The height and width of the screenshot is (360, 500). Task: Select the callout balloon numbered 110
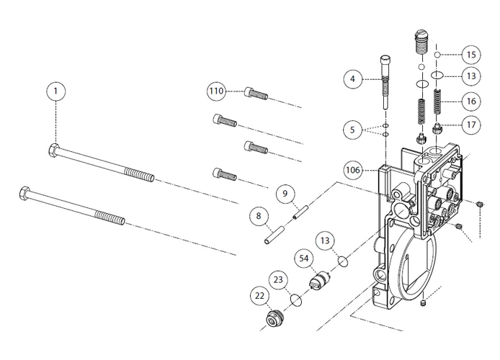pos(216,91)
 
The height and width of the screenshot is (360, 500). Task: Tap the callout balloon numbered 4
pos(352,78)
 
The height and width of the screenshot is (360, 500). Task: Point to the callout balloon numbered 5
pos(352,130)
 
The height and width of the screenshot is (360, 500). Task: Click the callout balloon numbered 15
pos(470,55)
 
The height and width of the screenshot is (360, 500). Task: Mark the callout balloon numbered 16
pos(470,102)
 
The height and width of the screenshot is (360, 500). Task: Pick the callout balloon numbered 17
pos(470,125)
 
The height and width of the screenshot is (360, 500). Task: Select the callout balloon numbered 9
pos(285,194)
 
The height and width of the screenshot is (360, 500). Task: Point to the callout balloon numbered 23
pos(279,279)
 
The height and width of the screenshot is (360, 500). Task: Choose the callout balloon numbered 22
pos(260,295)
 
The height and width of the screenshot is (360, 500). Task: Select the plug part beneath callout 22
pos(273,318)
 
